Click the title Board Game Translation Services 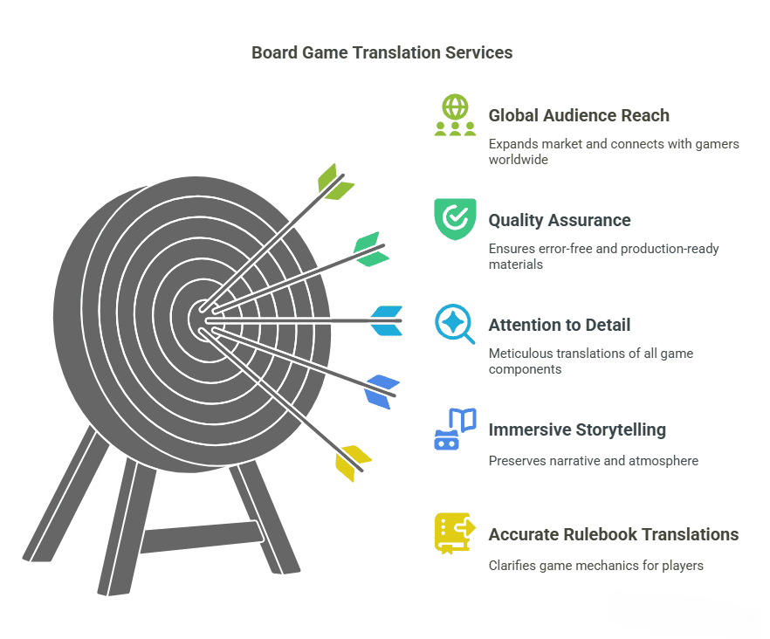click(382, 52)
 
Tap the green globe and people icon click(455, 115)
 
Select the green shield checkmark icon click(455, 218)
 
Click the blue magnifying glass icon click(454, 324)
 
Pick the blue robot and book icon click(455, 429)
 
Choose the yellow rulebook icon click(454, 532)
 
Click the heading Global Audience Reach click(579, 115)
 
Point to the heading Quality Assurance click(560, 220)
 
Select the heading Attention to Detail click(560, 325)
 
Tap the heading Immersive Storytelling click(577, 429)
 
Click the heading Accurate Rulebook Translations click(614, 534)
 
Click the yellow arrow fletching click(353, 463)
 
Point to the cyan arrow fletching click(387, 321)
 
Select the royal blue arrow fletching click(382, 391)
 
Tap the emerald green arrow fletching click(370, 249)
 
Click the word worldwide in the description click(519, 160)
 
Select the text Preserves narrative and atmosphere click(593, 460)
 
